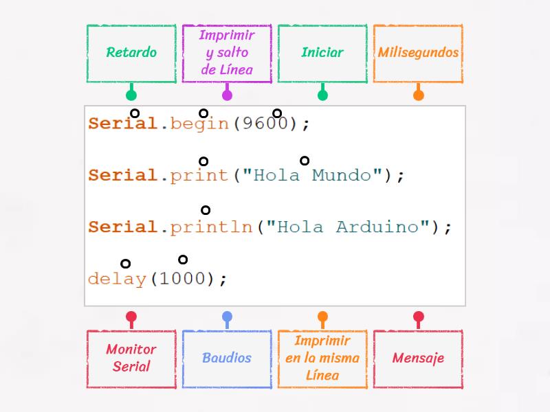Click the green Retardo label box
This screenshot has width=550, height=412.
point(131,54)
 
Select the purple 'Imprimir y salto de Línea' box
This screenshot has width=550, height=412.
point(227,54)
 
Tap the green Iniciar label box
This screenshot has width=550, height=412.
point(322,54)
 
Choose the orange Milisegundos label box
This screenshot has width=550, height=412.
point(418,54)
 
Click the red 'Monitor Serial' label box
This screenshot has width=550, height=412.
point(131,358)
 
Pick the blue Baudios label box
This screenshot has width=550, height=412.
point(227,358)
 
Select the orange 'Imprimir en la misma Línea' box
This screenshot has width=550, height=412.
point(322,358)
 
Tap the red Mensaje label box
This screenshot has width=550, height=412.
point(418,358)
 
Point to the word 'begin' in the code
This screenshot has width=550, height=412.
point(199,124)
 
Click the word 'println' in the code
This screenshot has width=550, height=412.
point(212,227)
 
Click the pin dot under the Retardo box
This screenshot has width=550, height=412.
point(131,95)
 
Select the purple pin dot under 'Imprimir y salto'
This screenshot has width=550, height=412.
point(227,95)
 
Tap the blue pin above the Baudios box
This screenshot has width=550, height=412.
point(227,317)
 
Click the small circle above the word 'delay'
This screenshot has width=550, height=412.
point(125,263)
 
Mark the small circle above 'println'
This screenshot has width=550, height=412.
point(205,210)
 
